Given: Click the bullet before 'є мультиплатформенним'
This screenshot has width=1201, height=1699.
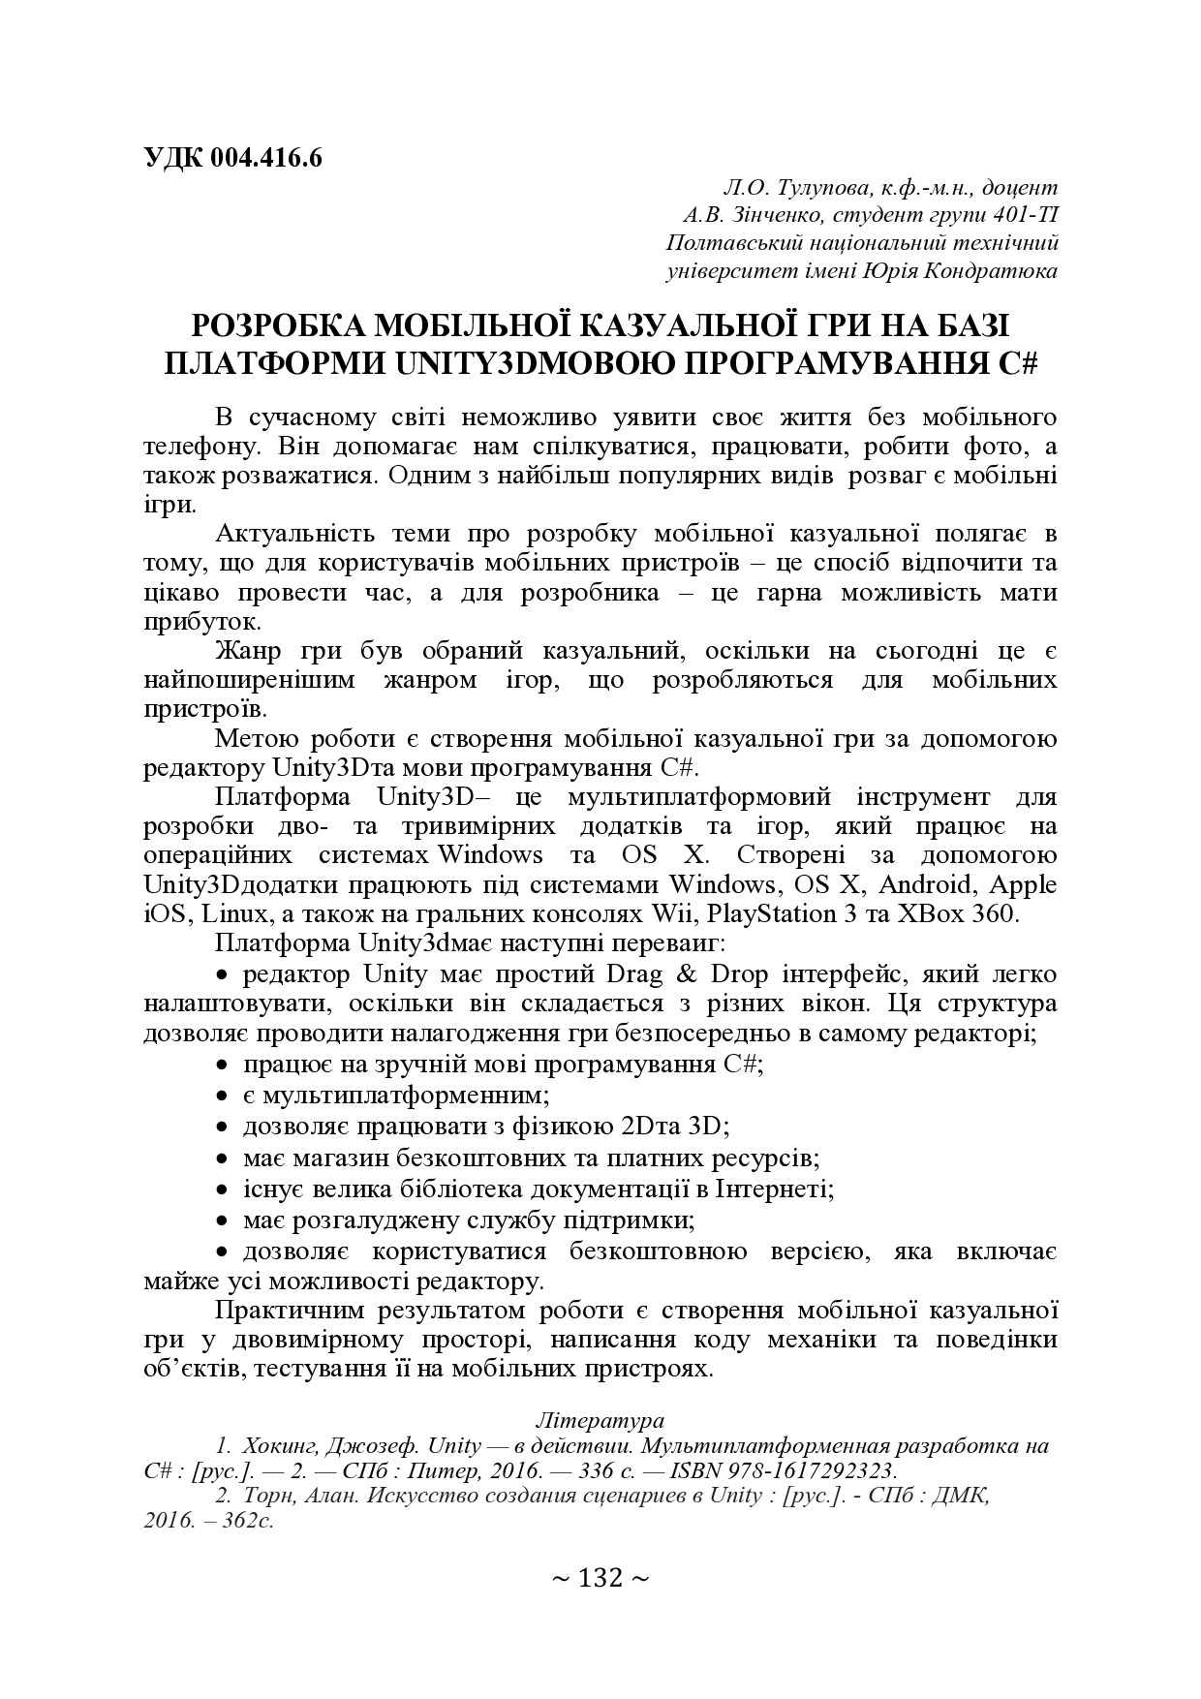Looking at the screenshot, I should point(222,1097).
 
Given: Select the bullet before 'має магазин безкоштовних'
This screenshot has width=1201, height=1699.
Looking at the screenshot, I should point(222,1158).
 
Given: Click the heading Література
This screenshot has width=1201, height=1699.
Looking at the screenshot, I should point(600,1420).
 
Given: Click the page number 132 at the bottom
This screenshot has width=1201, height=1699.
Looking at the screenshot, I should point(600,1579).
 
